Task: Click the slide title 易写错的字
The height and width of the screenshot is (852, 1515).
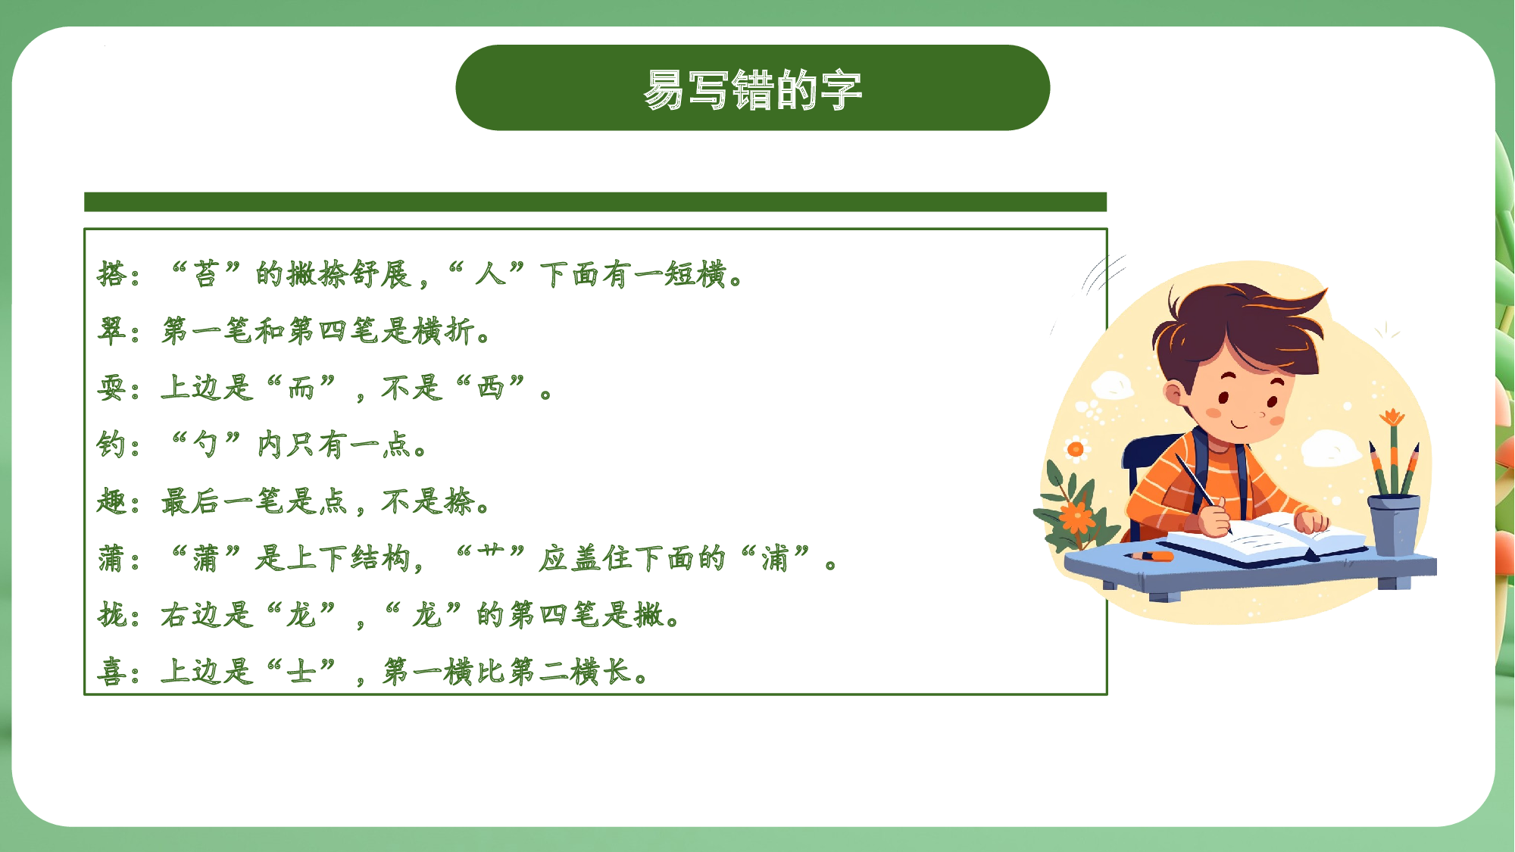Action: [753, 89]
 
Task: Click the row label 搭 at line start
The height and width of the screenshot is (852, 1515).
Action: [111, 274]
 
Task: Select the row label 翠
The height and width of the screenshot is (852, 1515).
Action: [111, 331]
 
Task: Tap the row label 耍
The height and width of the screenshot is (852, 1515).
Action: [111, 388]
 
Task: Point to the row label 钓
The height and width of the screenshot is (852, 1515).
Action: [111, 445]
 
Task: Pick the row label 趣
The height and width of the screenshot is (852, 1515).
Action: [111, 501]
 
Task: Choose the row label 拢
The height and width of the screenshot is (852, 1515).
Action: [111, 614]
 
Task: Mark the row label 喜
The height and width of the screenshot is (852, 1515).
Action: [111, 672]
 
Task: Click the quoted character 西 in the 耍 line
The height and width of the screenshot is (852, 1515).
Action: [490, 388]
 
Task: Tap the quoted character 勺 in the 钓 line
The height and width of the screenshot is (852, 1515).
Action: [206, 445]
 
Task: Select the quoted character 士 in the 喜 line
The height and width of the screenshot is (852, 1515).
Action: [301, 672]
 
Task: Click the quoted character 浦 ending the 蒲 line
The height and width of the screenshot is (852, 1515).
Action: [774, 558]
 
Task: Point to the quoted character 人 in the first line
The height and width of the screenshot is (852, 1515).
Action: [490, 274]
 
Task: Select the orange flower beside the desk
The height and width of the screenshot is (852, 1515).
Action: [1076, 518]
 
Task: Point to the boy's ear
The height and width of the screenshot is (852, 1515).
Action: [1173, 394]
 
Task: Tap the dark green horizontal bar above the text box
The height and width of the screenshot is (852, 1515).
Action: [595, 202]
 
